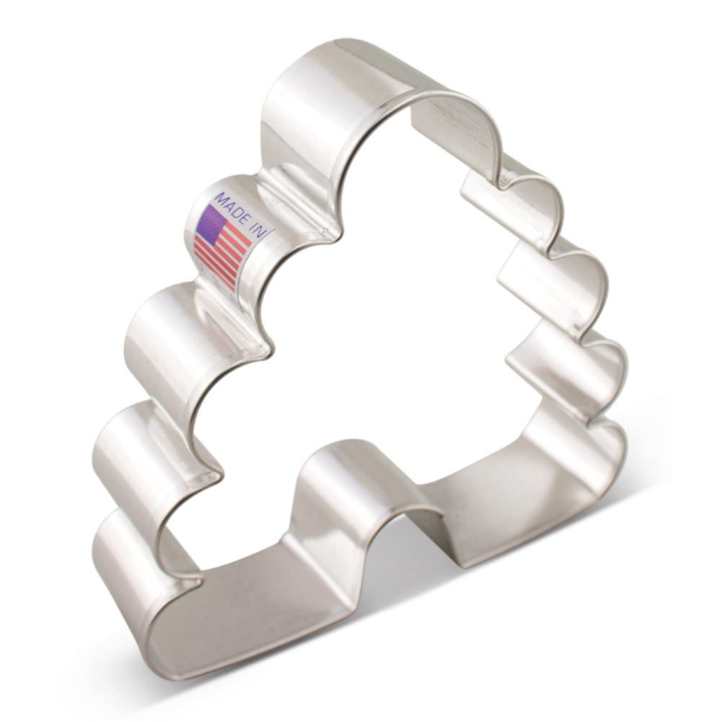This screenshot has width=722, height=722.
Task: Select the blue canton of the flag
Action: pyautogui.click(x=210, y=223)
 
